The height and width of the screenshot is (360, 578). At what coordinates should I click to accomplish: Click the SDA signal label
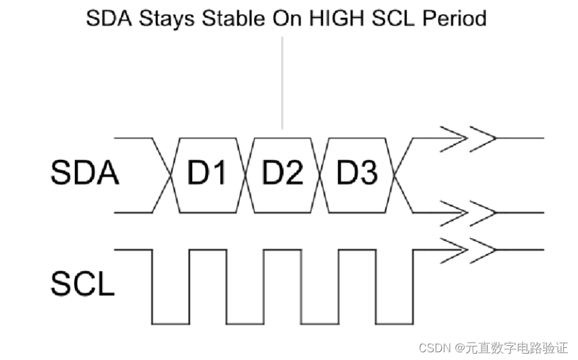point(85,174)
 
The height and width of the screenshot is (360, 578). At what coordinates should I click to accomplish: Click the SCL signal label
point(82,285)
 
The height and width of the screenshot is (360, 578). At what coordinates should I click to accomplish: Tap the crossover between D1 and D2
point(246,175)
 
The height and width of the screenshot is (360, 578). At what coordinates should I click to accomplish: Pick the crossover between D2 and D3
point(321,175)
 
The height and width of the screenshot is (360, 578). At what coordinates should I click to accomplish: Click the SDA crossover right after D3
point(395,175)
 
